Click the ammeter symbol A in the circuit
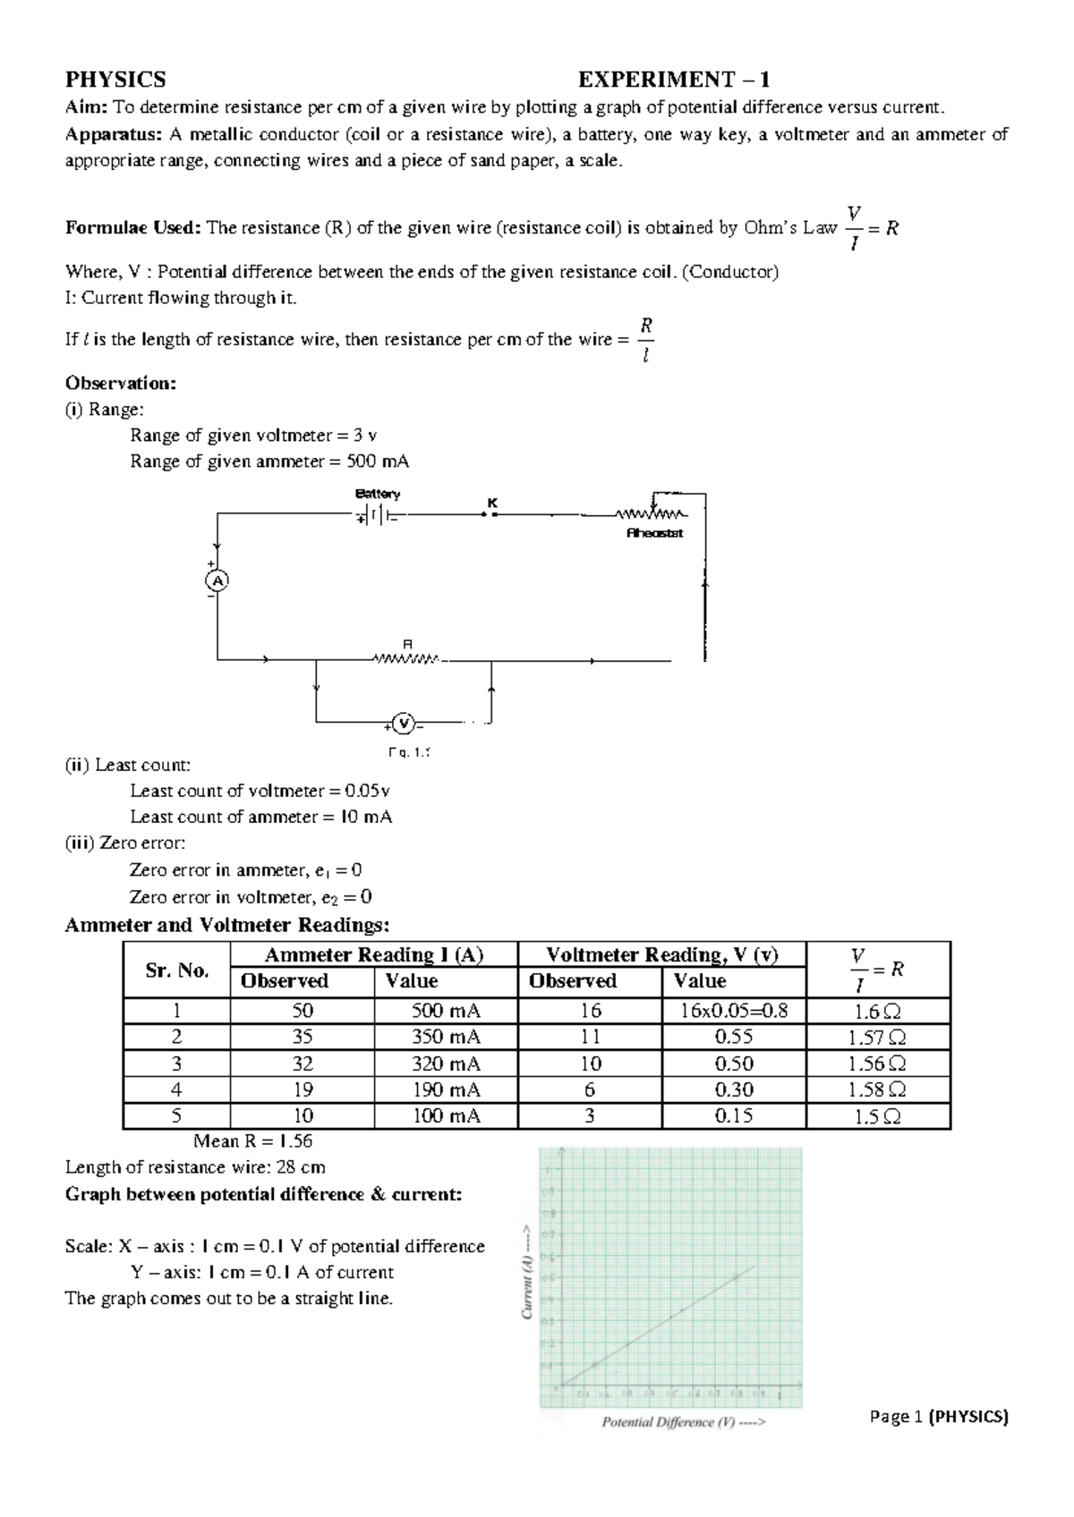[x=217, y=581]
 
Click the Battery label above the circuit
[x=378, y=494]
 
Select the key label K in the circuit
[x=491, y=504]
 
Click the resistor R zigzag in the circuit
[x=407, y=660]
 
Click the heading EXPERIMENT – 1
[x=674, y=80]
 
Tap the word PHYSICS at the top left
[x=115, y=80]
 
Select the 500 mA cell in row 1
[x=446, y=1011]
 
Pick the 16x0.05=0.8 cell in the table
[x=732, y=1011]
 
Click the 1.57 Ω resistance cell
[x=877, y=1038]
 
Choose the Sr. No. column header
[x=176, y=970]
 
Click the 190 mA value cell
[x=446, y=1089]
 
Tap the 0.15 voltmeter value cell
[x=734, y=1115]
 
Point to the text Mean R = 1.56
[x=252, y=1141]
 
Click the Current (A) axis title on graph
[x=528, y=1271]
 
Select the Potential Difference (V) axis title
[x=684, y=1421]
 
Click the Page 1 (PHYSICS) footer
[x=938, y=1417]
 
